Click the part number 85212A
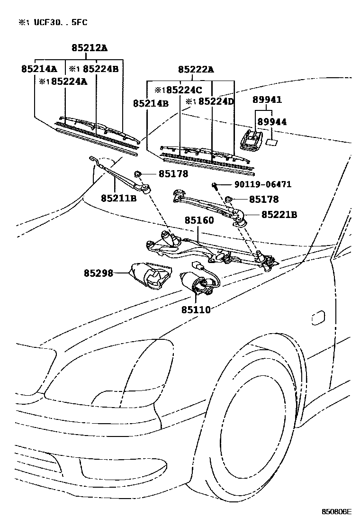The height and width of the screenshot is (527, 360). (90, 48)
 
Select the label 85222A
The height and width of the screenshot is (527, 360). (196, 70)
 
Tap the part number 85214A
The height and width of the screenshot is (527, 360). (39, 69)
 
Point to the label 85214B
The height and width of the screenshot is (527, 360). (151, 103)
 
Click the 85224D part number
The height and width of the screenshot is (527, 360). (216, 101)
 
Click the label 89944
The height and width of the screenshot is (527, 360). (271, 122)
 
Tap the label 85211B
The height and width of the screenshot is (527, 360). (118, 198)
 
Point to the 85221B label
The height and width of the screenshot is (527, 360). (279, 215)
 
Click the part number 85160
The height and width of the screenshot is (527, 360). (199, 220)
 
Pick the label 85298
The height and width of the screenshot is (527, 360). (99, 273)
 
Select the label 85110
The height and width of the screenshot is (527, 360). (195, 309)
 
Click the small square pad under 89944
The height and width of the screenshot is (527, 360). (272, 142)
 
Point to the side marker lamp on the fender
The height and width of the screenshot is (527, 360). (318, 317)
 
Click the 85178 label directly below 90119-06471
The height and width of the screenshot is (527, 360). (263, 200)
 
